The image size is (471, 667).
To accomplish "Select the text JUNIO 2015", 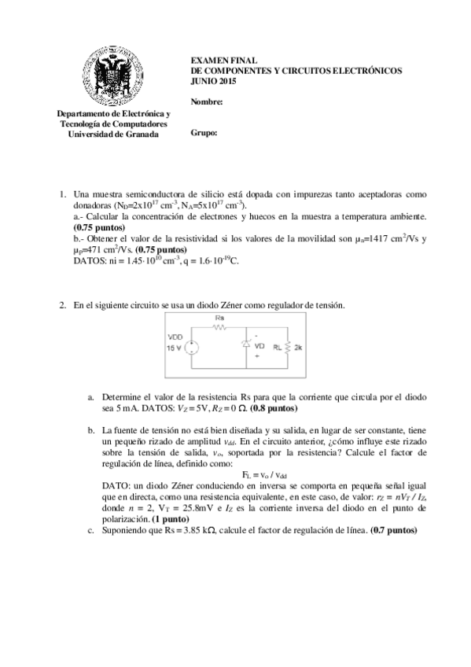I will coord(213,81).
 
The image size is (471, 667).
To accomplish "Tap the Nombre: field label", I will coord(207,101).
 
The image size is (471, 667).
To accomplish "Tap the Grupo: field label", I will coord(204,133).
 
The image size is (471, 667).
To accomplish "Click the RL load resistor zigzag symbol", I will coord(288,346).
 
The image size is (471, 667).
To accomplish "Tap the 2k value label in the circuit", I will coord(299,347).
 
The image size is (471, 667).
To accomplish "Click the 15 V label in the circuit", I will coord(175,348).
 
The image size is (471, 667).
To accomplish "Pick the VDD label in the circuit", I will coord(175,337).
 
